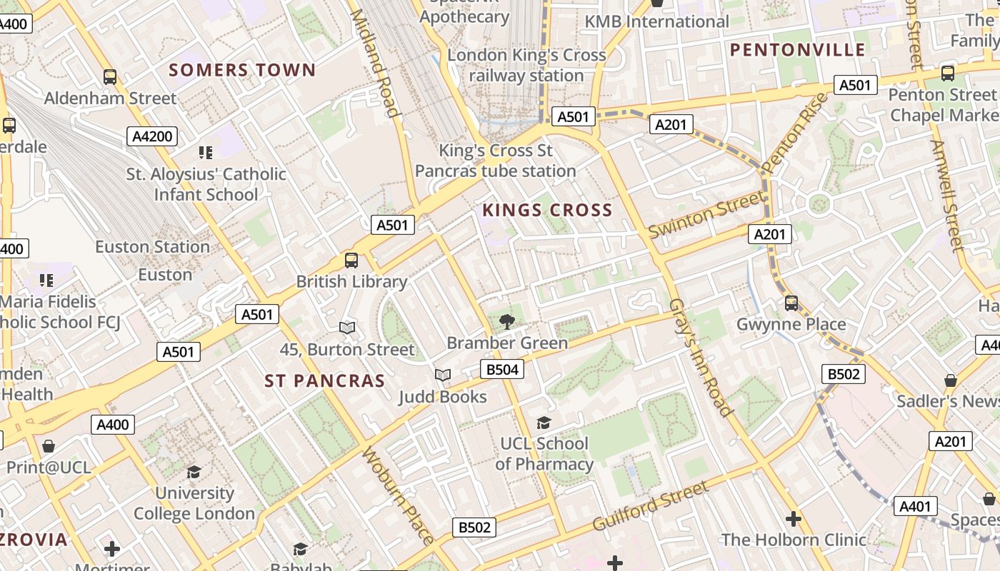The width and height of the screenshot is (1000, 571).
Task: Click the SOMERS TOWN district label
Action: coord(242,70)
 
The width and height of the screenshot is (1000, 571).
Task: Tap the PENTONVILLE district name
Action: coord(798,50)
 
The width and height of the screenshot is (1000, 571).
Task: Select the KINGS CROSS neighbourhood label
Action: coord(547,210)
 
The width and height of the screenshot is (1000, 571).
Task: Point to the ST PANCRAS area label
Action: coord(325,381)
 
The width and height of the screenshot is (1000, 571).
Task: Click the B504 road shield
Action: coord(501,369)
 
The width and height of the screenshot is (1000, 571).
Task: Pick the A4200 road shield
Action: coord(152,136)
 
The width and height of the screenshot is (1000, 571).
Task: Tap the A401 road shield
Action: coord(915,506)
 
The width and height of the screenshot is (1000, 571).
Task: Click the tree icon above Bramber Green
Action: coord(507,321)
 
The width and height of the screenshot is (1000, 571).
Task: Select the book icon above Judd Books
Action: coord(443,375)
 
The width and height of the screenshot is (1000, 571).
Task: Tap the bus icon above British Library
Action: coord(351,261)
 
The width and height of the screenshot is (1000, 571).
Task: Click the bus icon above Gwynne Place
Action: coord(791,303)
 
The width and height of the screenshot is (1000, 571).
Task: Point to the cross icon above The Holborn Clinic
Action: coord(794,519)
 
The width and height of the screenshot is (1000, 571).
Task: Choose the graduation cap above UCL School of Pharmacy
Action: coord(544,423)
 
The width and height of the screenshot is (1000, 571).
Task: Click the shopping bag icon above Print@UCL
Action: coord(49,447)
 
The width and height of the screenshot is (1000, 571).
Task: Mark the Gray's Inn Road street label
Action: coord(701,357)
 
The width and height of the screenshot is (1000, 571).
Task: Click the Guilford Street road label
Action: coord(651,505)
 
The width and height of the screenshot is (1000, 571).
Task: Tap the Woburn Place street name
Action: coord(398,495)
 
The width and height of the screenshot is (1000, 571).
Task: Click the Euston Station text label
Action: coord(153,247)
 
